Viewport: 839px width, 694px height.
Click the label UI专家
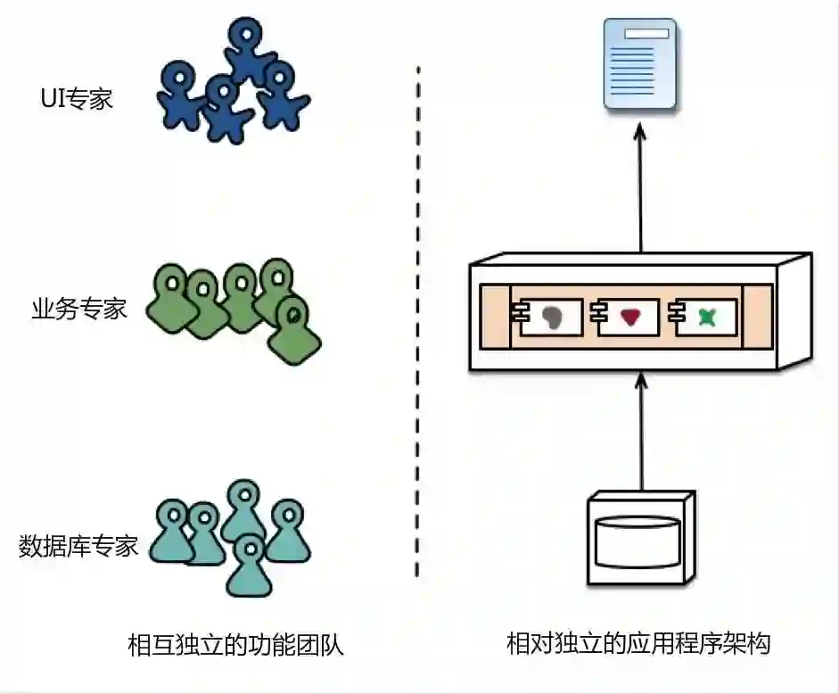[78, 98]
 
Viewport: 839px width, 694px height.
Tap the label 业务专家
[79, 310]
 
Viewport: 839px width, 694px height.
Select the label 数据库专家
[79, 545]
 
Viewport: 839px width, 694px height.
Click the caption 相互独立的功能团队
[235, 644]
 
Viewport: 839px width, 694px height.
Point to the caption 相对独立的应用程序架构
[638, 644]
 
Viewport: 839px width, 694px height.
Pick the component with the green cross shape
[705, 317]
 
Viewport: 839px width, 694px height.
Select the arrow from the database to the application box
[639, 433]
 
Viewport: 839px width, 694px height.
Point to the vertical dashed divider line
[418, 321]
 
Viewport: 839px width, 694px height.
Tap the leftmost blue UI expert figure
[178, 92]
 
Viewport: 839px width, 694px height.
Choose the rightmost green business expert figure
[294, 330]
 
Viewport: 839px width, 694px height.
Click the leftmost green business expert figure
[169, 294]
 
